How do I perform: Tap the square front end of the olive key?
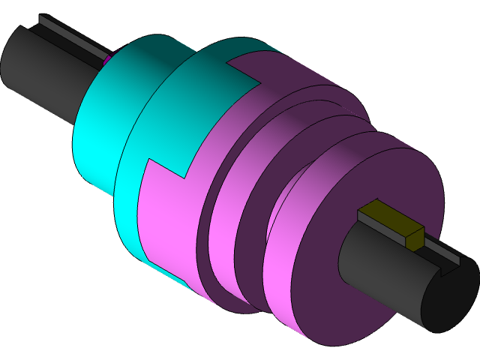coord(414,238)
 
